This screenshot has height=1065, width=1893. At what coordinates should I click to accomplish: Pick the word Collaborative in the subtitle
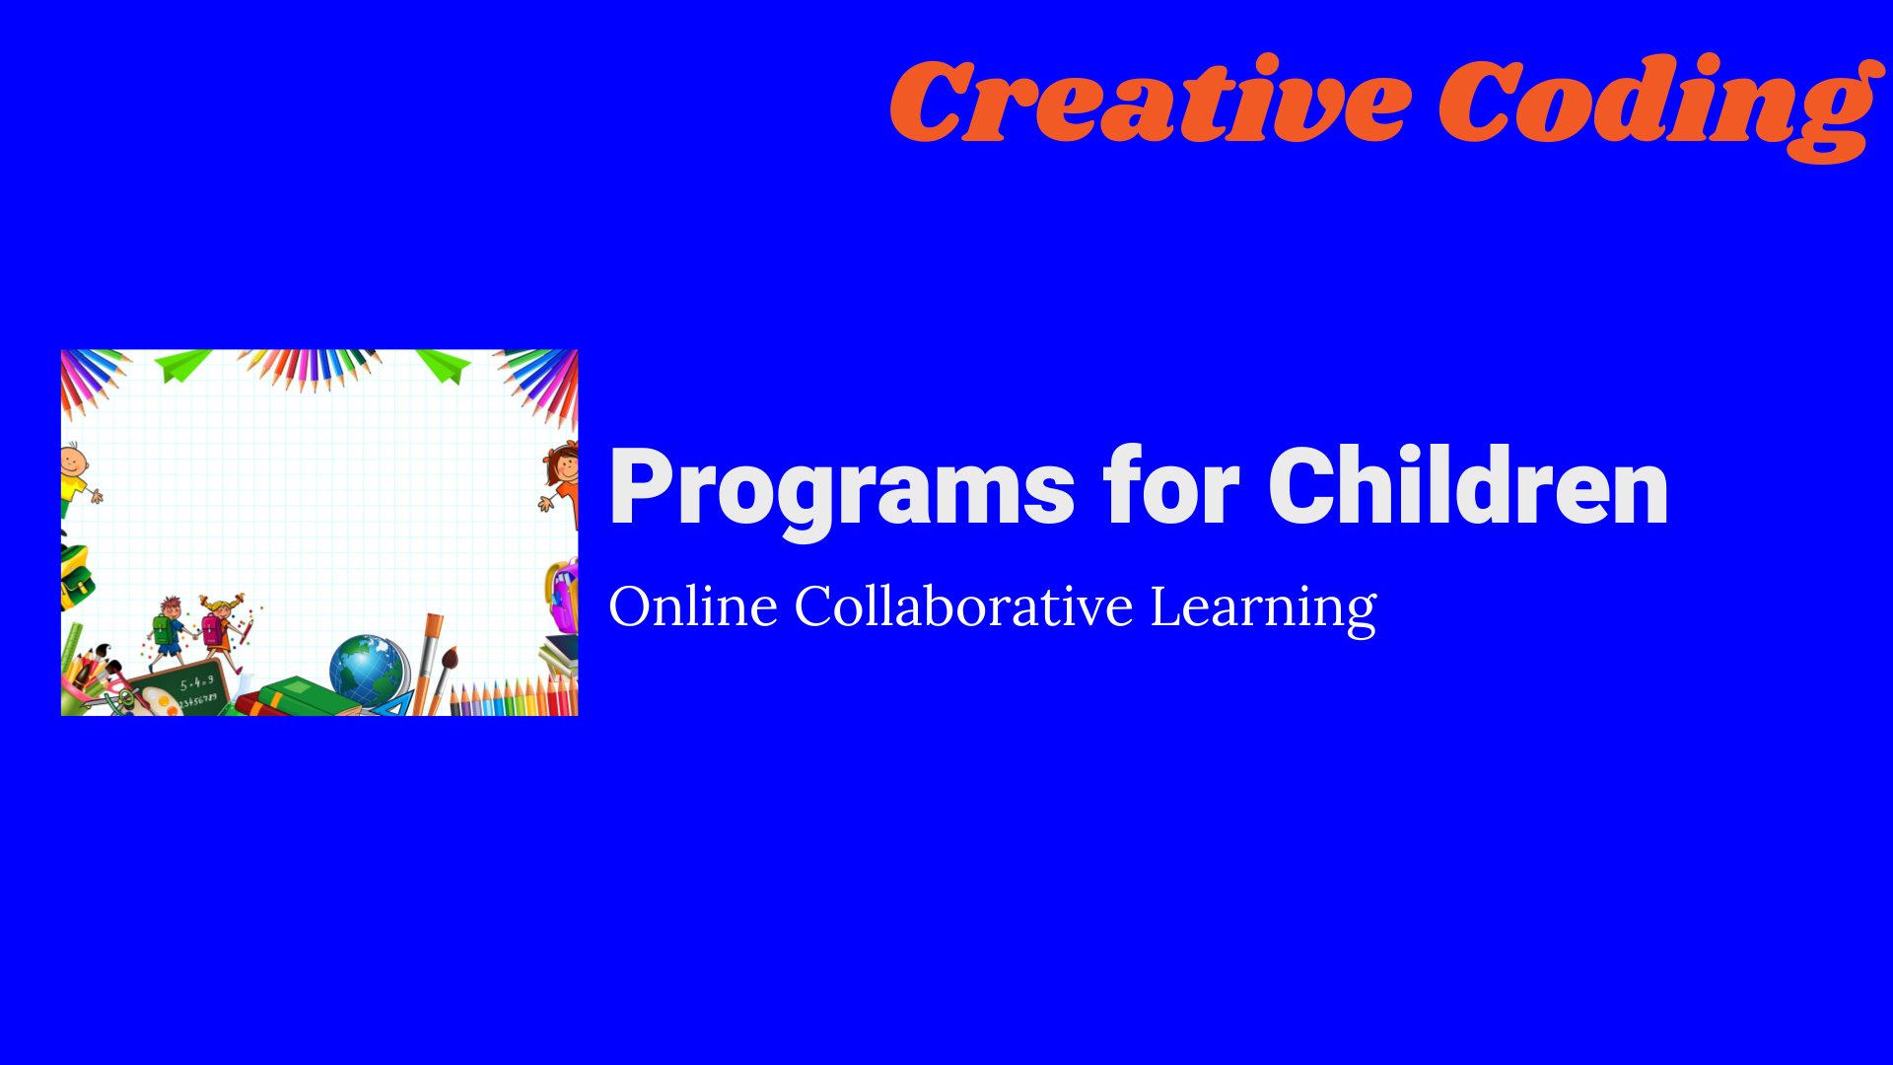[x=963, y=605]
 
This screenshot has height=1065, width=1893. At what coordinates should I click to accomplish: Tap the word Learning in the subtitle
[x=1263, y=607]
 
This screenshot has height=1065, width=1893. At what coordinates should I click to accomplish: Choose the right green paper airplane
[x=443, y=365]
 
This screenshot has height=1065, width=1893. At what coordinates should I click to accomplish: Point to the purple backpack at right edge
[x=563, y=596]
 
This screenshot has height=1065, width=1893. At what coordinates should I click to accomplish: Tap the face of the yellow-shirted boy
[x=72, y=461]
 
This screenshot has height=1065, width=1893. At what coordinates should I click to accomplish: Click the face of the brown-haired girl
[x=566, y=463]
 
